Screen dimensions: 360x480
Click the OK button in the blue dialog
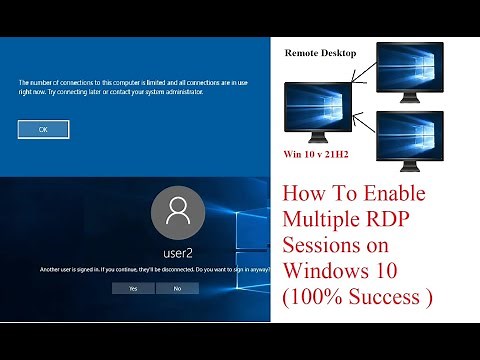click(x=43, y=129)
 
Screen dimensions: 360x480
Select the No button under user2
click(x=177, y=288)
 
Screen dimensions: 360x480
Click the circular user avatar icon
click(x=178, y=212)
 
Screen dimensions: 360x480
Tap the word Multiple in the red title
click(x=319, y=218)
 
